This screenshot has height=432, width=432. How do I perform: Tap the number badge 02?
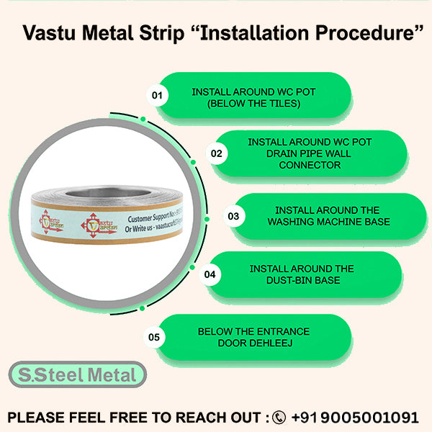(217, 153)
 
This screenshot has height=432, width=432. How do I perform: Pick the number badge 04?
(210, 274)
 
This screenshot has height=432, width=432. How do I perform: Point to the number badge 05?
(153, 336)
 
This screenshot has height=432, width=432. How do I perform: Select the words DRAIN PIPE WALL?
(310, 153)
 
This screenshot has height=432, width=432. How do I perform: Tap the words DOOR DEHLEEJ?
(253, 343)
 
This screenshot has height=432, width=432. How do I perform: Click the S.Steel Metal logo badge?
(77, 375)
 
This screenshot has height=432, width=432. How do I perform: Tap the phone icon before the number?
(279, 418)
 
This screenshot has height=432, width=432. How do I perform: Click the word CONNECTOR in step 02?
(310, 165)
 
